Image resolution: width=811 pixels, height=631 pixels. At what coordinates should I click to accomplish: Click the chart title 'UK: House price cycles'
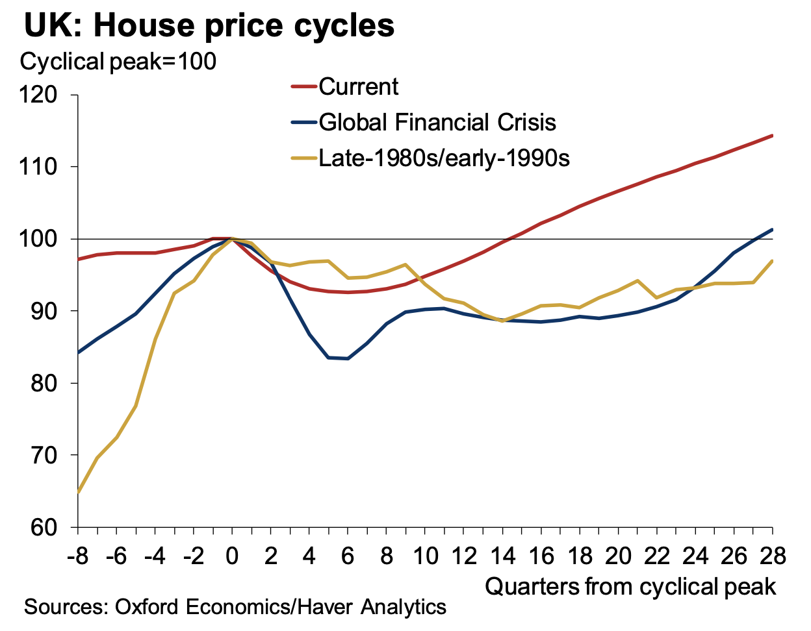209,26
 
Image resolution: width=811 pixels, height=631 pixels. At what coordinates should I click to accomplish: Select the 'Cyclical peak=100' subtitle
118,62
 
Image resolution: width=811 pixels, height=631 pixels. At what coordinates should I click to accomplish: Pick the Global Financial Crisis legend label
437,122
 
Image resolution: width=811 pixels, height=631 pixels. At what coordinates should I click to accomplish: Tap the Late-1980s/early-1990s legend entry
444,158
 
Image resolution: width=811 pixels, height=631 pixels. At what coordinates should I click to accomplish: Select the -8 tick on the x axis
78,556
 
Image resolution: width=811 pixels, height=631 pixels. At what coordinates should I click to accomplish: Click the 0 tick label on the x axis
232,556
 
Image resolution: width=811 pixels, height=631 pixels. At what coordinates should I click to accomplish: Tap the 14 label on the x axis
503,556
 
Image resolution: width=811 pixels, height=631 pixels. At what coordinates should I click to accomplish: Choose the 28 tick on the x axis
772,556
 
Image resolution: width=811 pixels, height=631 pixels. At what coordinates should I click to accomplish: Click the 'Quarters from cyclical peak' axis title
630,587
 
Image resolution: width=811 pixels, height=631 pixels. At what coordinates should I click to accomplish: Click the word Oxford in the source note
148,608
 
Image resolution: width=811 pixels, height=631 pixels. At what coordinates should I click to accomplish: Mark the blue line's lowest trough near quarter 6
348,358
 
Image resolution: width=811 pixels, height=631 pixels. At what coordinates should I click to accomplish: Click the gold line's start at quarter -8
79,491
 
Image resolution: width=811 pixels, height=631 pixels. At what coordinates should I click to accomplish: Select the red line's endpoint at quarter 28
772,136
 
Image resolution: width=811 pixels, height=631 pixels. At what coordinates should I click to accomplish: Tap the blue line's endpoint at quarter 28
772,229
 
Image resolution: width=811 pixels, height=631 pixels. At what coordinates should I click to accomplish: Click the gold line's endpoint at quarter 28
772,261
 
